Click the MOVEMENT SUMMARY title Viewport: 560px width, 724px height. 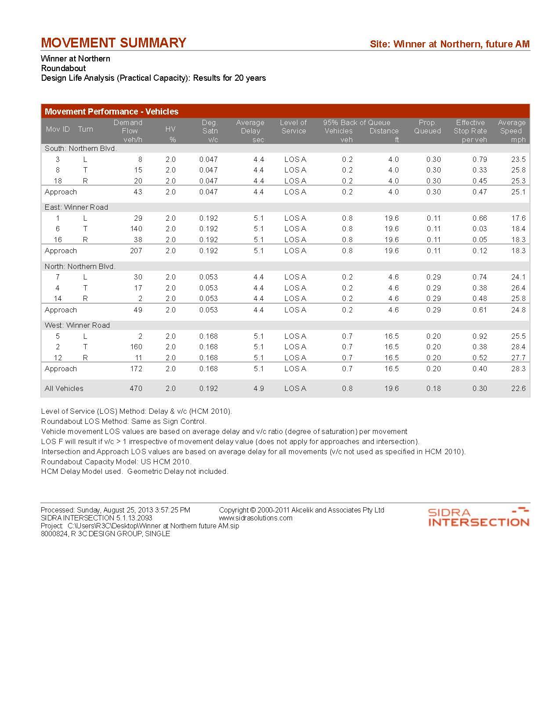pos(113,43)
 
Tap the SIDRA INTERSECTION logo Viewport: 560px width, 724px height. pos(478,517)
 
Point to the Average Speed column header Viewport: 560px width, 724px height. pos(512,131)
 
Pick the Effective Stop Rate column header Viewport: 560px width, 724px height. pos(470,131)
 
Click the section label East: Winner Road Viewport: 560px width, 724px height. pos(76,207)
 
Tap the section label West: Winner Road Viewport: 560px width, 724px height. pos(77,325)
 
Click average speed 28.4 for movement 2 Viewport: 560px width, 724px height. pos(518,347)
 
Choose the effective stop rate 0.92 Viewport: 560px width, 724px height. pos(480,336)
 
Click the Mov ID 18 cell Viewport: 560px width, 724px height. pos(58,181)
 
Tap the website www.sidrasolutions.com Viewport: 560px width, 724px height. pos(256,518)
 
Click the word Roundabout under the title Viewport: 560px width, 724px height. pos(63,68)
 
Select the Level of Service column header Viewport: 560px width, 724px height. pos(293,127)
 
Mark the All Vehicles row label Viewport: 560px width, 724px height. pos(64,388)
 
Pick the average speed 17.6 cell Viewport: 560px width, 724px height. pos(518,218)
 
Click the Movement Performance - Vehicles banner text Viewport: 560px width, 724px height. pos(112,111)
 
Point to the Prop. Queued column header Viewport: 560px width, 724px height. pos(427,127)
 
